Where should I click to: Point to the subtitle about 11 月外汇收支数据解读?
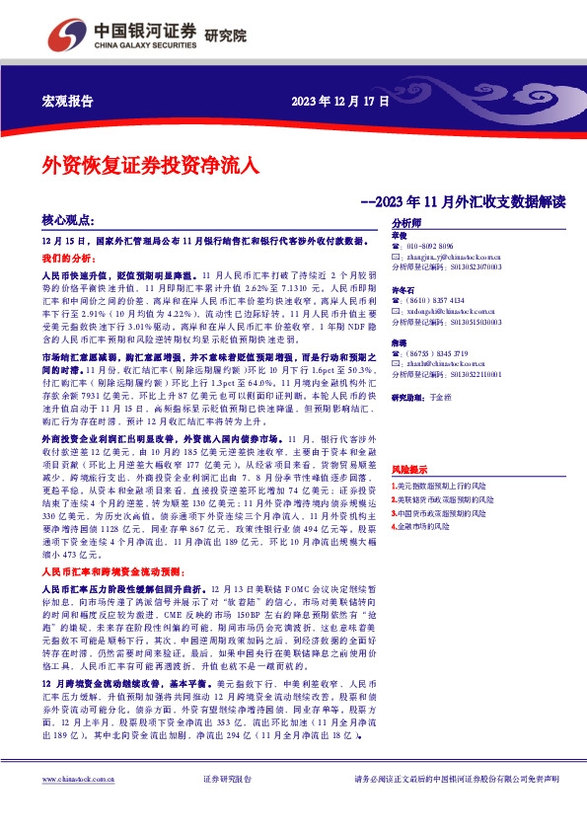(x=464, y=201)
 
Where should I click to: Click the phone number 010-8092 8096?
(x=434, y=246)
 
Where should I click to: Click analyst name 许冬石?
(x=403, y=289)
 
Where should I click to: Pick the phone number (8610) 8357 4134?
(x=439, y=300)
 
